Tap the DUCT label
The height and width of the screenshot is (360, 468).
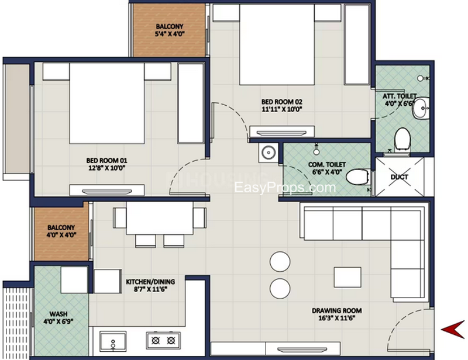pos(399,177)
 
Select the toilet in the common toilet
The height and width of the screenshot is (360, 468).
pos(358,177)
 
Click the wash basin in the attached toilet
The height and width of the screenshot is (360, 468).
pos(421,108)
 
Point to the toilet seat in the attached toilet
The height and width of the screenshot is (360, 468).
pos(402,140)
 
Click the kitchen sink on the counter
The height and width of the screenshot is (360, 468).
pos(113,341)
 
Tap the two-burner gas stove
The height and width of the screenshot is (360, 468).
pos(163,340)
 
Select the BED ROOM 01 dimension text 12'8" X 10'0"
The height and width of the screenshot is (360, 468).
pos(106,168)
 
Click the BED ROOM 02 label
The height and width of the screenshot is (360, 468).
pos(282,102)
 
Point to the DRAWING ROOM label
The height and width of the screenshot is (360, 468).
pos(337,311)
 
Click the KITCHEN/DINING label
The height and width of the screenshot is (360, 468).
pos(150,282)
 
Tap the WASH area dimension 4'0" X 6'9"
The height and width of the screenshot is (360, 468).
pos(58,321)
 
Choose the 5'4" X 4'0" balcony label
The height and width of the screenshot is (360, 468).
pos(170,34)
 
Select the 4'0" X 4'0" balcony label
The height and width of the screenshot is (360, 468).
pos(61,235)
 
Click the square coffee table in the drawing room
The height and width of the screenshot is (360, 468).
pos(347,277)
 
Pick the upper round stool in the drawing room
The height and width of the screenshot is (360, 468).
pos(280,262)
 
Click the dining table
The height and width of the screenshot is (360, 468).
pos(160,218)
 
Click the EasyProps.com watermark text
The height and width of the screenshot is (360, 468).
pos(285,188)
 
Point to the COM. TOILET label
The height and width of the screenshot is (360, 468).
pos(327,165)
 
